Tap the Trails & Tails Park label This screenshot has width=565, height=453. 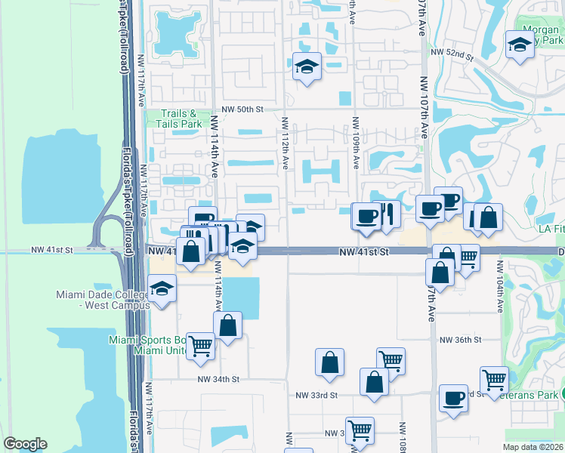tap(181, 119)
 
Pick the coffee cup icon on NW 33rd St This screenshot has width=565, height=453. tap(453, 398)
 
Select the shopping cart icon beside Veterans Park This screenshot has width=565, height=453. tap(494, 378)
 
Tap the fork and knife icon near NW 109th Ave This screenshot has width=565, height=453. tap(386, 214)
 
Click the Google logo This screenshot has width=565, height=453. tap(25, 444)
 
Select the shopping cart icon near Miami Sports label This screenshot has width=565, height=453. tap(201, 346)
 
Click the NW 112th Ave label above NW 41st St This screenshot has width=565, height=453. tap(286, 143)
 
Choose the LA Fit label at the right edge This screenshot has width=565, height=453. tap(550, 229)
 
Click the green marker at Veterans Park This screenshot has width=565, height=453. tap(563, 393)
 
